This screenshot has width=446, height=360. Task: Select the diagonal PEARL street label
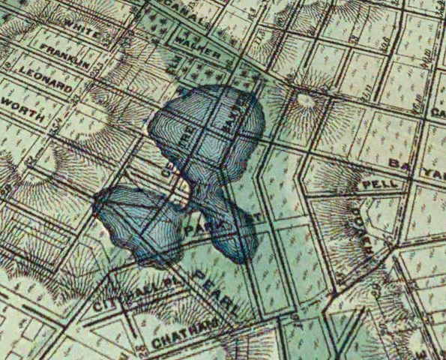point(214,292)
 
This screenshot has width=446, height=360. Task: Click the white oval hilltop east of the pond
point(305,100)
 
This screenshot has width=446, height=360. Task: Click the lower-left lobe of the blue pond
point(139,225)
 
